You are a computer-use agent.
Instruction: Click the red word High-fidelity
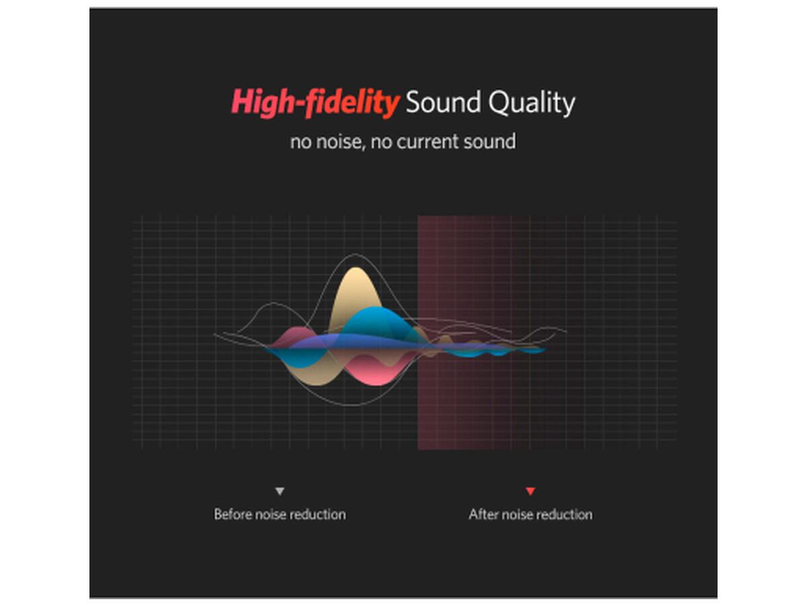click(x=315, y=102)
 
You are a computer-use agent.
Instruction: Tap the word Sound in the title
click(x=443, y=102)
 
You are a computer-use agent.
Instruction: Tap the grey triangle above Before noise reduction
click(x=280, y=492)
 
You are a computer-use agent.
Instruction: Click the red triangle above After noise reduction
click(x=530, y=492)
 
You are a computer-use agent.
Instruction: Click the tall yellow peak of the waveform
click(x=355, y=291)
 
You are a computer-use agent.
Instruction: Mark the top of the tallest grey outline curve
click(x=355, y=255)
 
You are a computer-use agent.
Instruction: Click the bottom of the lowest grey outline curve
click(x=352, y=405)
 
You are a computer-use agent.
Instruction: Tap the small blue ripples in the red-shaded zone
click(x=496, y=351)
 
